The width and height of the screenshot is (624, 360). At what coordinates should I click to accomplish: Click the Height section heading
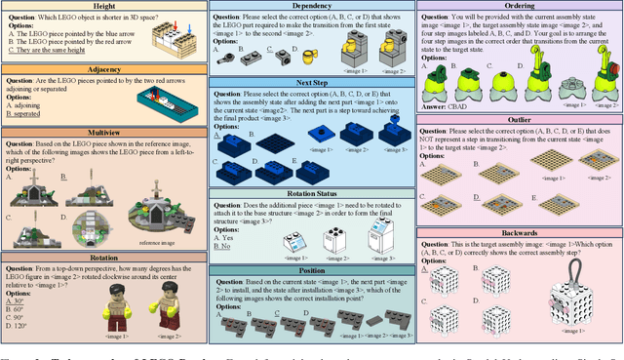click(x=103, y=7)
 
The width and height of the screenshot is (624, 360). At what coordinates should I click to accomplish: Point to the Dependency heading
click(x=310, y=7)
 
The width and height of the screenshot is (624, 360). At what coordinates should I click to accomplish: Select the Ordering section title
click(x=519, y=7)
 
